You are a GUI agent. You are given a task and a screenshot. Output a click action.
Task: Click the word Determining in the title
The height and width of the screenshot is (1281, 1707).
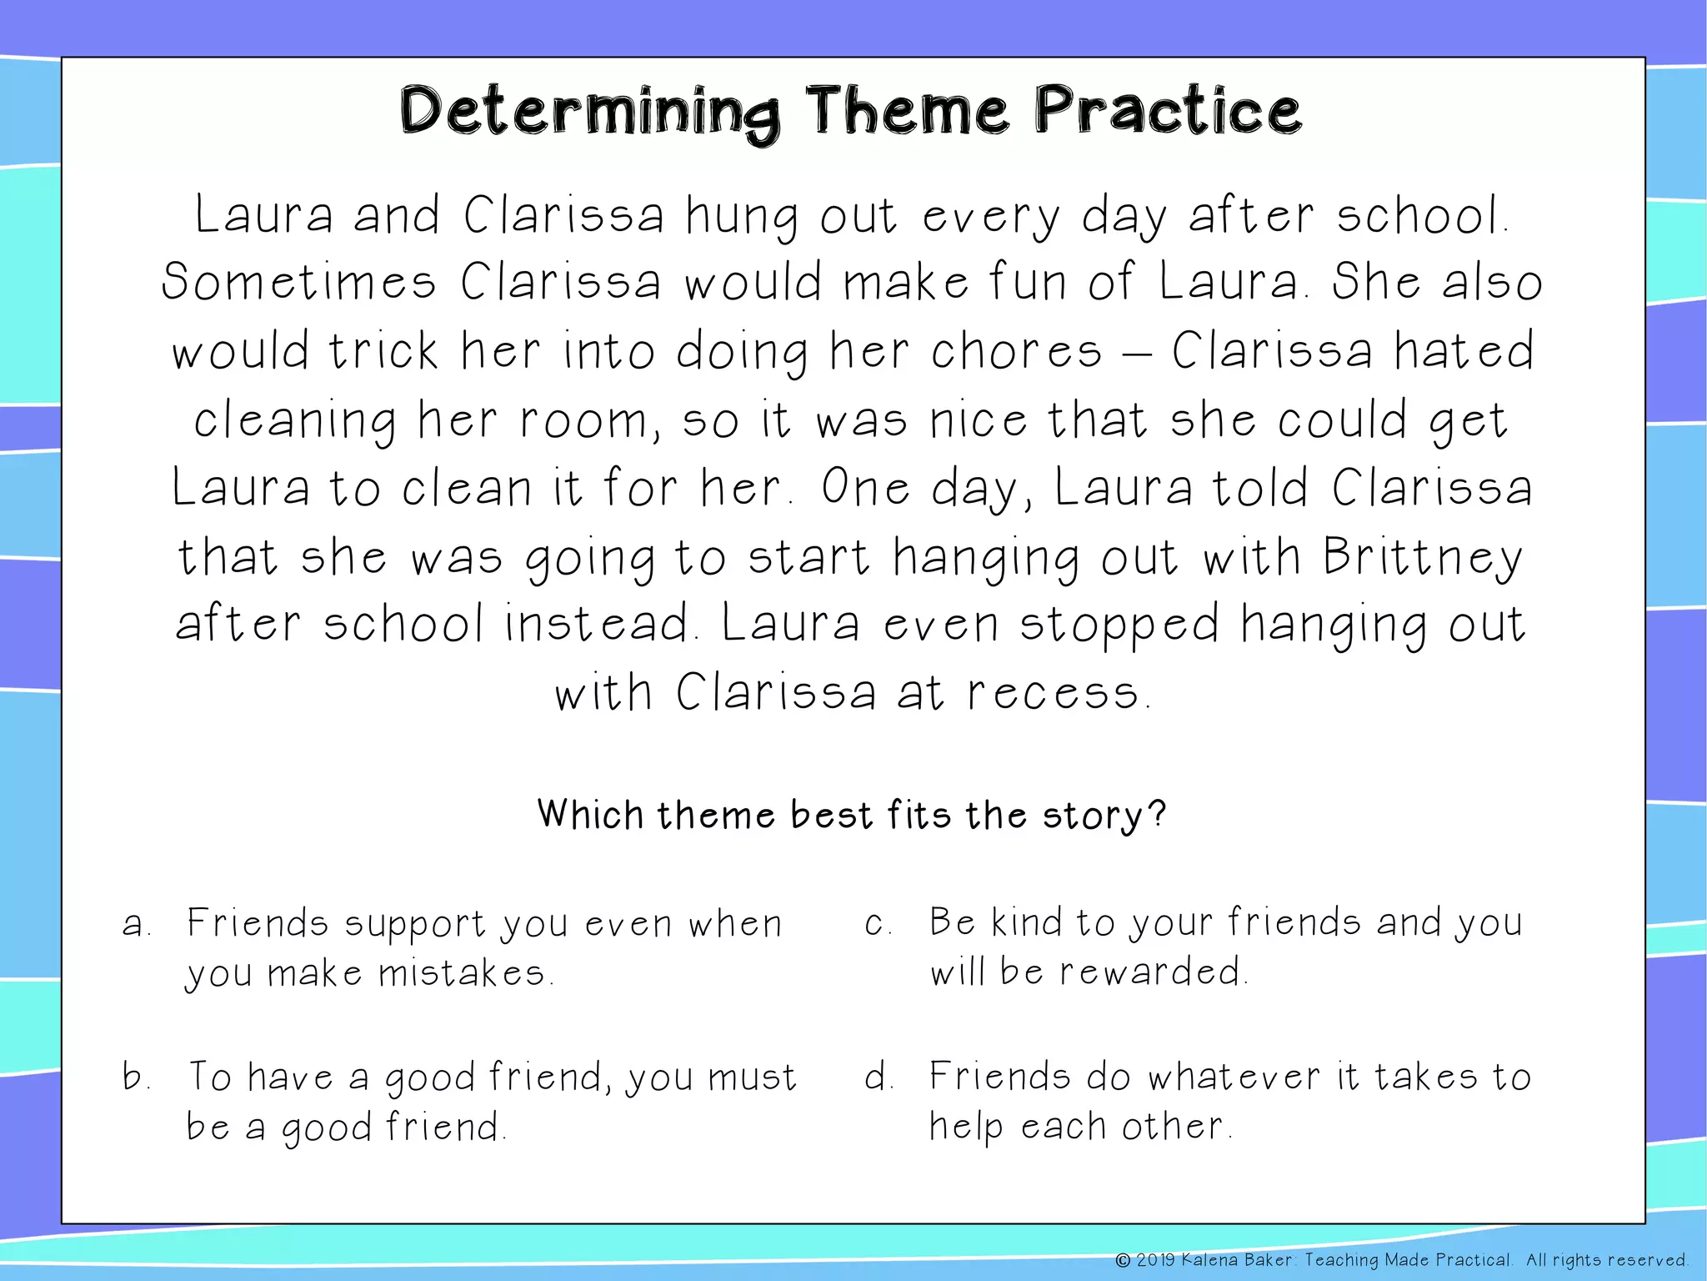pos(590,113)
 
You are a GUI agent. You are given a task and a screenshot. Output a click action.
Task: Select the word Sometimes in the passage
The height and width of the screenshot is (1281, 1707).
pos(298,282)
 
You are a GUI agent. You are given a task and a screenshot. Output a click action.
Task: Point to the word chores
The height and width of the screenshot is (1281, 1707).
pos(1017,351)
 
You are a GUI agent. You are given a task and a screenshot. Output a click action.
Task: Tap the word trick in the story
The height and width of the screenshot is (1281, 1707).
pos(383,351)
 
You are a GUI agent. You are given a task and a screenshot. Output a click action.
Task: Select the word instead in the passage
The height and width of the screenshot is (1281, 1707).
pos(597,625)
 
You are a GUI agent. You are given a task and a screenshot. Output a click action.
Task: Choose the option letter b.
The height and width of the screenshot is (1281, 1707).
pos(134,1077)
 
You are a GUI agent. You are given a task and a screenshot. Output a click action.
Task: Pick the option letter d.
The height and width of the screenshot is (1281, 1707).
pos(877,1077)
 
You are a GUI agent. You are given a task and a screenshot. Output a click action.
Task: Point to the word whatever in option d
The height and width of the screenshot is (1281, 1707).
pos(1234,1077)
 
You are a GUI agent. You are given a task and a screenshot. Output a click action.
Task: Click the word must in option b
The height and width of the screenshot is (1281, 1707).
pos(752,1077)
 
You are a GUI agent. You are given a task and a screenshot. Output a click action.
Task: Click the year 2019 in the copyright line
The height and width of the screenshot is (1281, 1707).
pos(1155,1260)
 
